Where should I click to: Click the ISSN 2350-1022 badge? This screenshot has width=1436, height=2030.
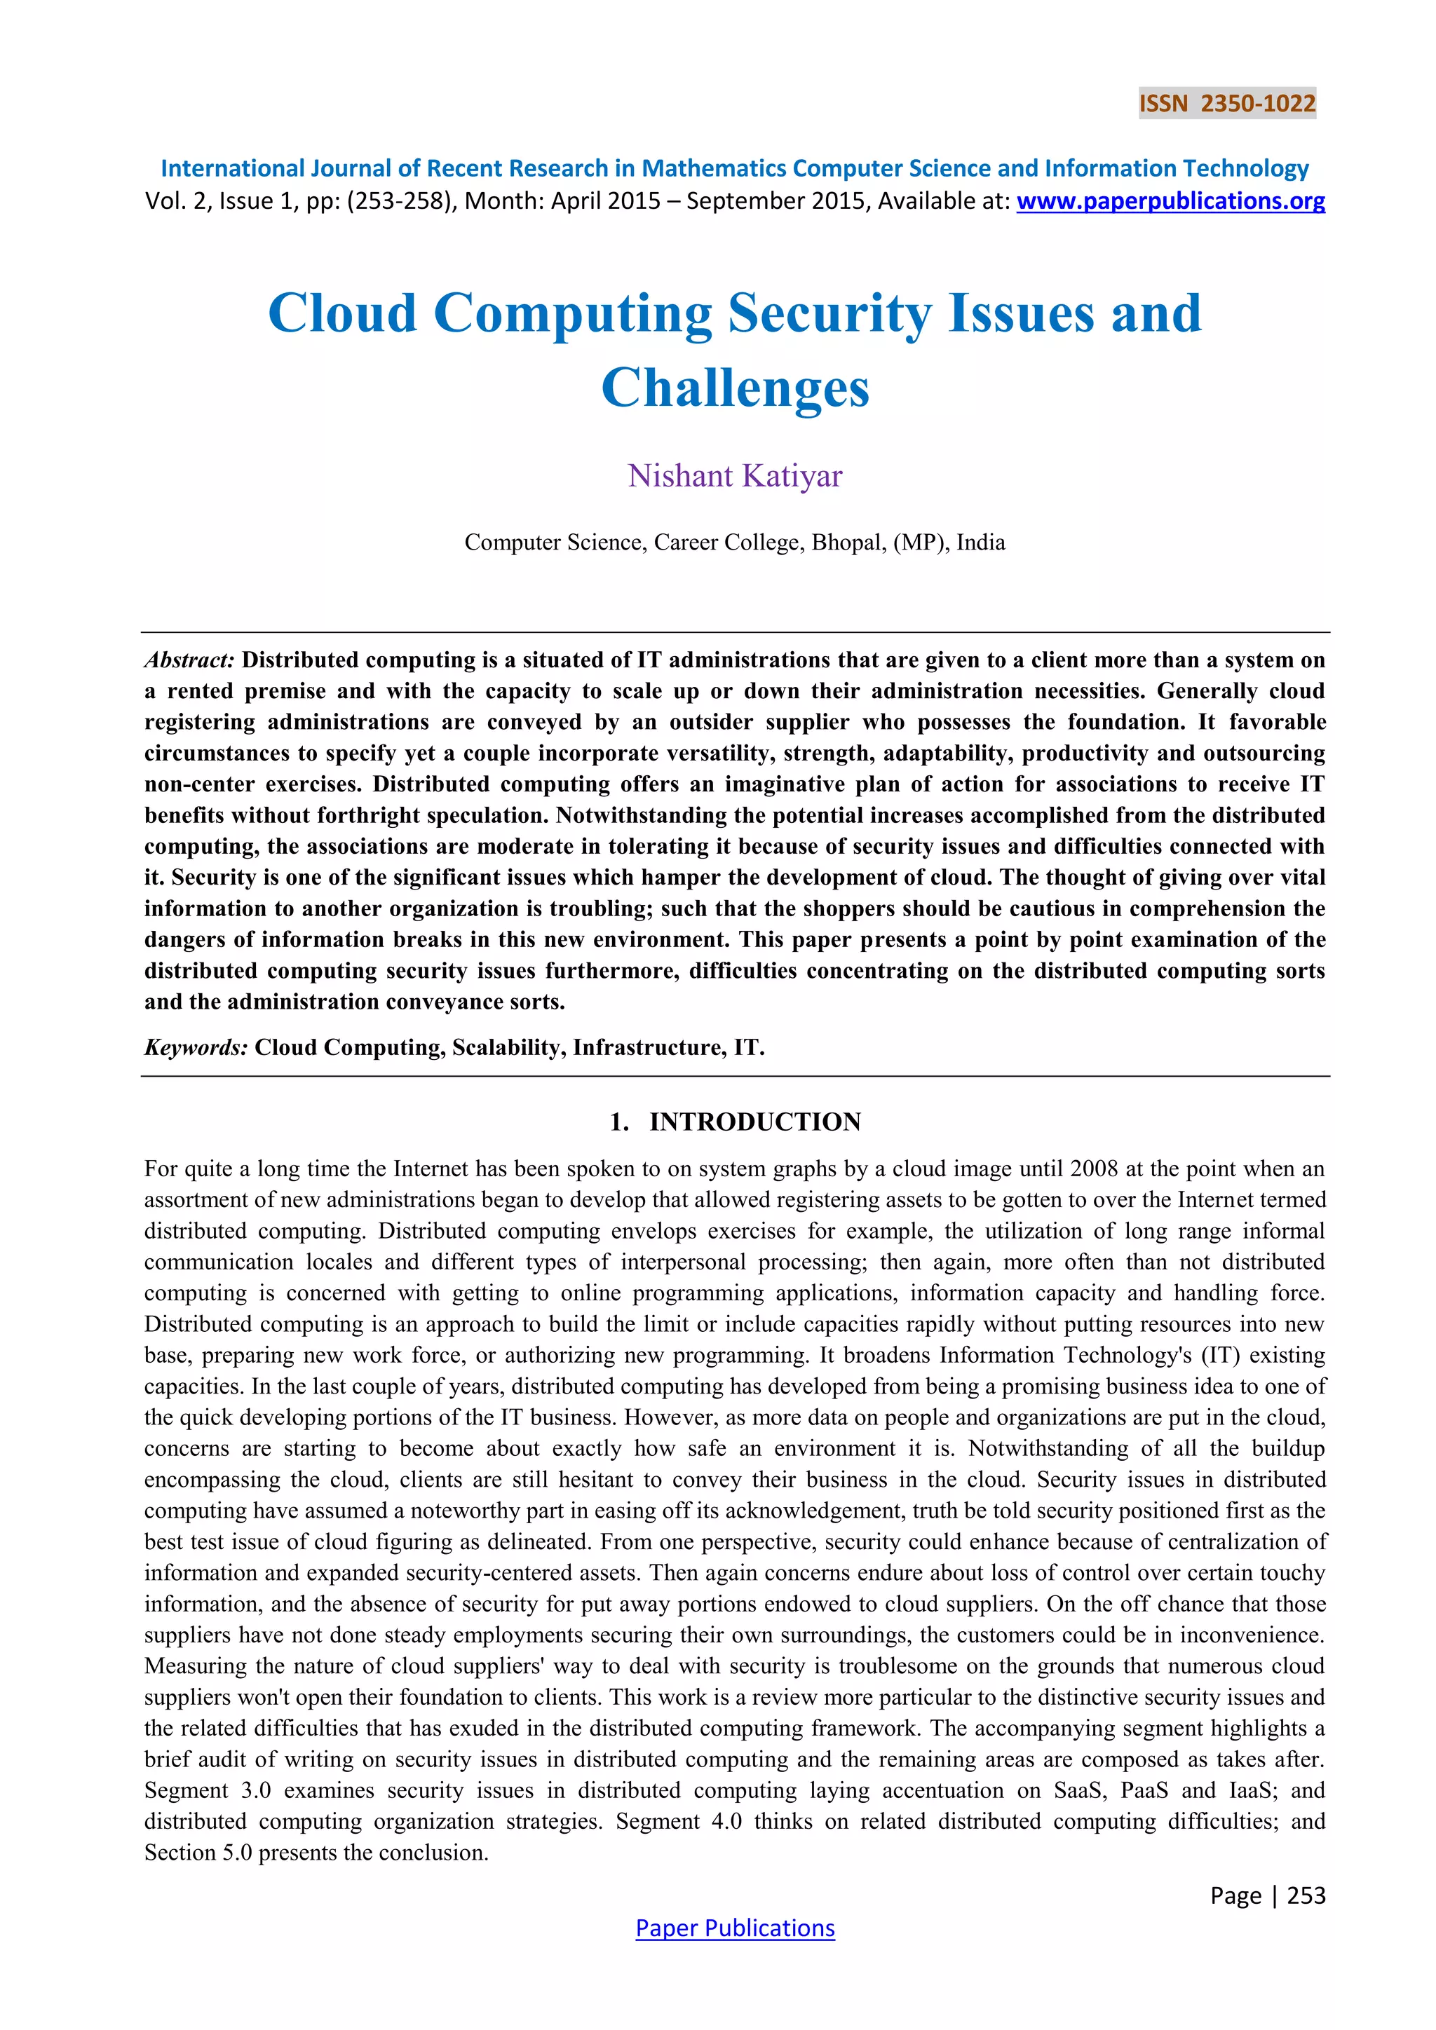click(x=1226, y=104)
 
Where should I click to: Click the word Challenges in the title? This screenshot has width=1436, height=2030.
click(x=735, y=387)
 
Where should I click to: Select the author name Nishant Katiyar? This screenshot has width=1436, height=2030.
click(x=735, y=476)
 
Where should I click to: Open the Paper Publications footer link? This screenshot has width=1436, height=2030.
click(x=735, y=1928)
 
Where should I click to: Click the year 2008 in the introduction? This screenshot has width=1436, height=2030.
click(x=1094, y=1168)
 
